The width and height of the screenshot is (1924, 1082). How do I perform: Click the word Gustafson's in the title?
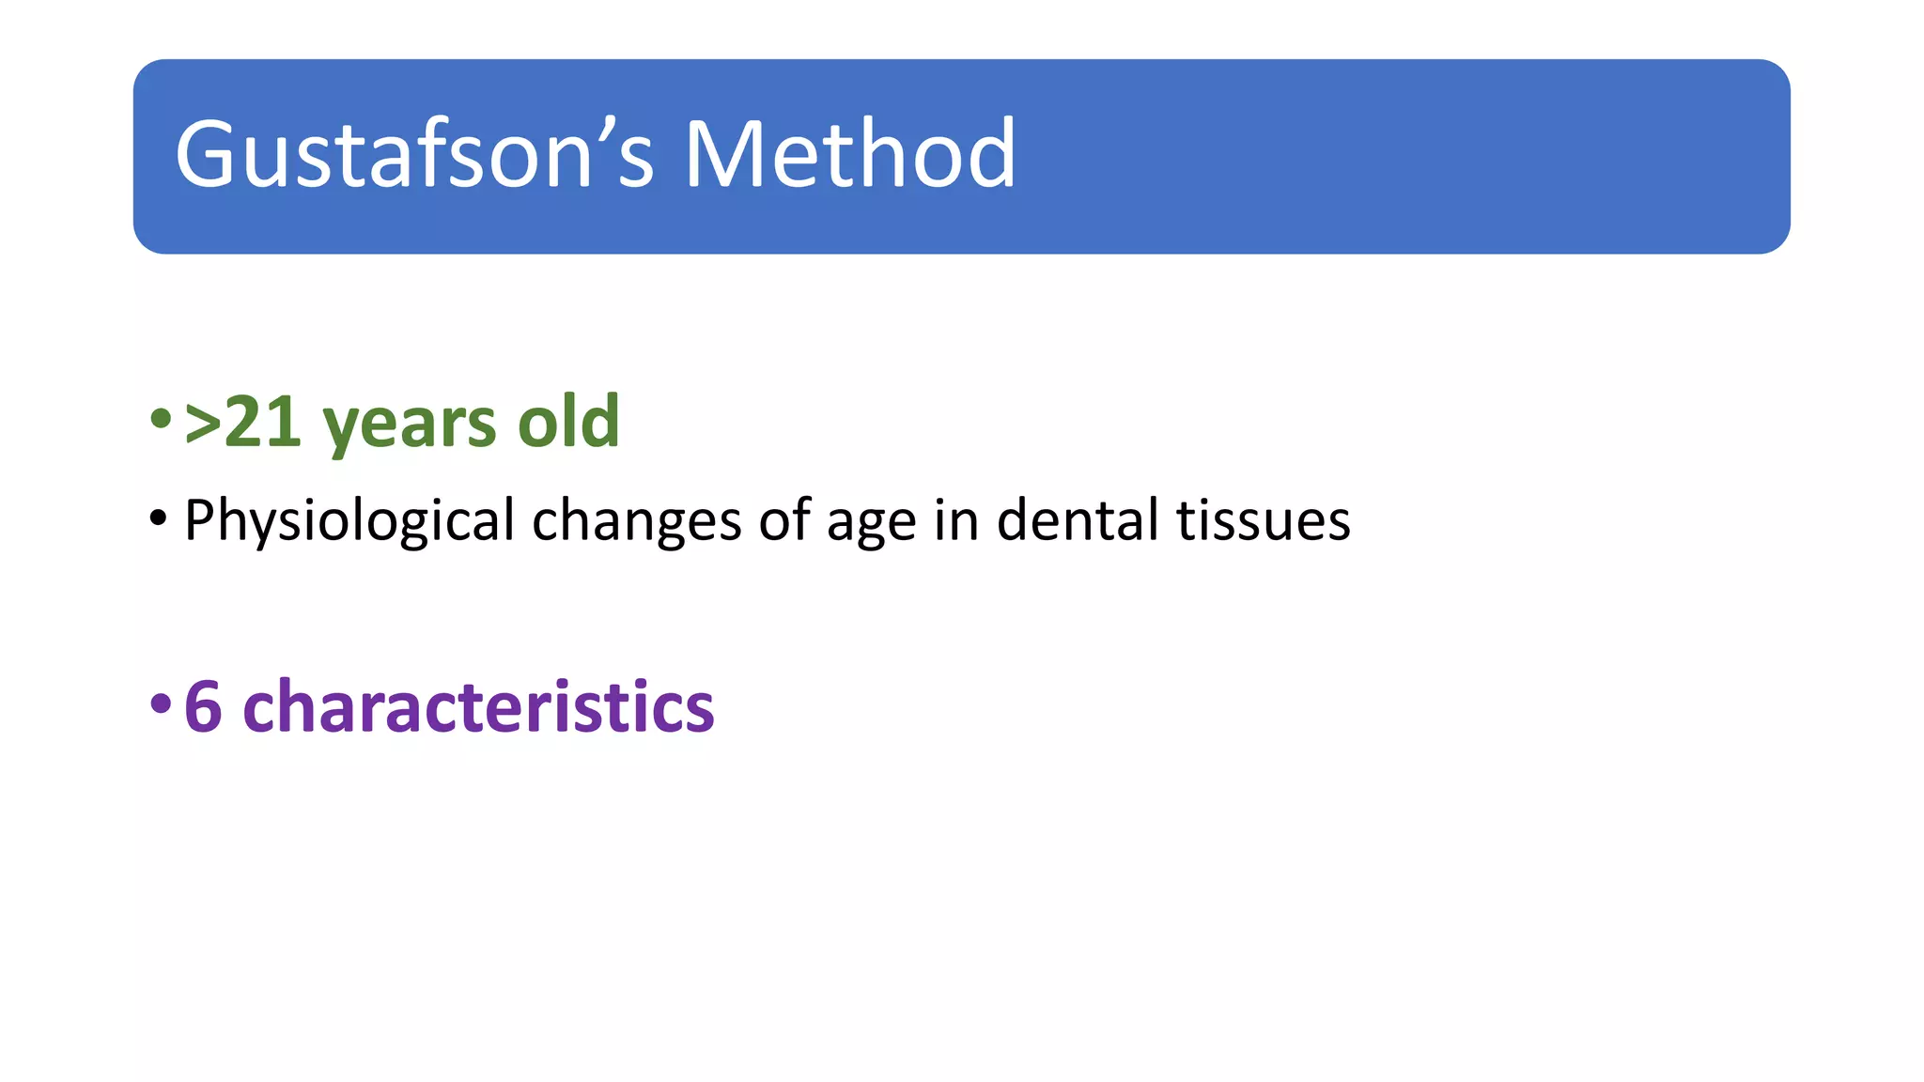[413, 155]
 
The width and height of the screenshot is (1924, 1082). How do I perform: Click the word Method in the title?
[850, 155]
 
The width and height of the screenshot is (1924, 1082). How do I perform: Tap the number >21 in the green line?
[243, 423]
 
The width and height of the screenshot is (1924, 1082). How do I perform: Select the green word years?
[409, 425]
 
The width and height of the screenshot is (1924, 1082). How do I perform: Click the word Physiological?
[349, 521]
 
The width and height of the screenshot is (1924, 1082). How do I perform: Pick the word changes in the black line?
[637, 521]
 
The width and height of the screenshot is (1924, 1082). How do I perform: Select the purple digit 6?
[203, 706]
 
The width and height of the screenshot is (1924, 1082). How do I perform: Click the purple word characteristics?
[478, 706]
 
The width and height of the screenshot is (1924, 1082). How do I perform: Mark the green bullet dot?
[161, 419]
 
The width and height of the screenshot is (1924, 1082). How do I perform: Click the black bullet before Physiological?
[158, 518]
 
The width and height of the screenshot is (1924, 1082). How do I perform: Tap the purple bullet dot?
[161, 703]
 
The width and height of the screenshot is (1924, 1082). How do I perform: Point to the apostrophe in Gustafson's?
[608, 124]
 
